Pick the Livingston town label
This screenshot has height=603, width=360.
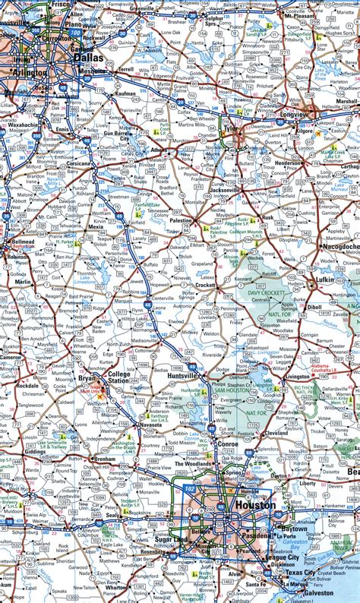298,376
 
